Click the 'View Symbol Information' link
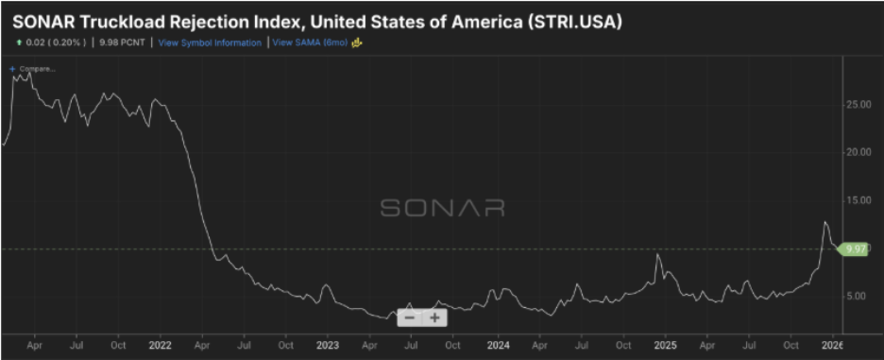(x=210, y=43)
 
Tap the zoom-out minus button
(x=409, y=317)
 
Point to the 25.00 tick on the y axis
(x=858, y=105)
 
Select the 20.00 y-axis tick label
(x=858, y=152)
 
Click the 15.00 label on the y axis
(x=858, y=200)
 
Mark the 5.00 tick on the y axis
(x=856, y=296)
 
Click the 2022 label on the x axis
(x=161, y=346)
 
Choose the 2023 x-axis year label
(x=328, y=346)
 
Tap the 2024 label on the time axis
(x=498, y=346)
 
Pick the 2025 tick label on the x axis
(x=665, y=346)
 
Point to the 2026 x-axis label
(x=832, y=346)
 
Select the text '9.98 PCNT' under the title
(x=122, y=43)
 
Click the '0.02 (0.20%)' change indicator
(x=53, y=43)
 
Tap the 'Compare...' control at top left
(x=35, y=69)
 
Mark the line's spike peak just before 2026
(x=824, y=222)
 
